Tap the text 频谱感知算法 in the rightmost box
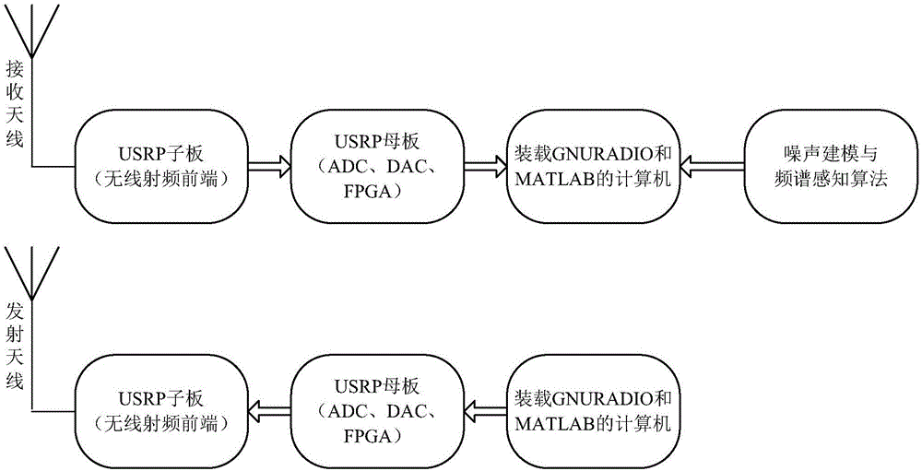819,181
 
